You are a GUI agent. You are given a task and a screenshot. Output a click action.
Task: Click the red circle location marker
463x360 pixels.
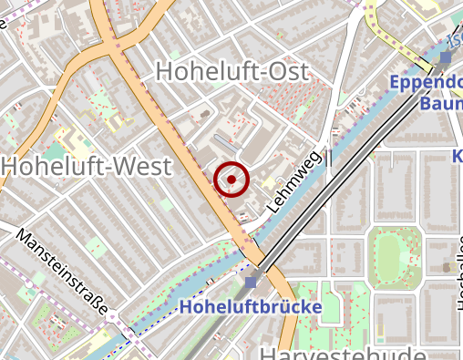point(232,179)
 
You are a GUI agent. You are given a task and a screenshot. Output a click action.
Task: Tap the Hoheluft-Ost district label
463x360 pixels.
point(232,71)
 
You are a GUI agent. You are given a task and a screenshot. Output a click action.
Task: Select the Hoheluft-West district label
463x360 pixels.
point(87,167)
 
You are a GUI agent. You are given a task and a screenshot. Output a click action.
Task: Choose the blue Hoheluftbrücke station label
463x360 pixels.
point(251,307)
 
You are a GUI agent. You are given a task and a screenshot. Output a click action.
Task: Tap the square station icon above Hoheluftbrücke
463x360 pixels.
point(252,281)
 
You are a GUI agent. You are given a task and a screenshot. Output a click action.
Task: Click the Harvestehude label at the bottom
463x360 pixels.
point(342,354)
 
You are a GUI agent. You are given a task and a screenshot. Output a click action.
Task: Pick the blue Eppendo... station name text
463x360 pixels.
point(425,84)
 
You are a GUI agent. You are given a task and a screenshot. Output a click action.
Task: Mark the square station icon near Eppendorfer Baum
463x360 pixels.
point(445,58)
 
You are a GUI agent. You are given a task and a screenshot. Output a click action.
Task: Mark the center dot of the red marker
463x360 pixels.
point(232,179)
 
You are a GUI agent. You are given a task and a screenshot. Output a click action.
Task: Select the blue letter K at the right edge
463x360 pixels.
point(458,157)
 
